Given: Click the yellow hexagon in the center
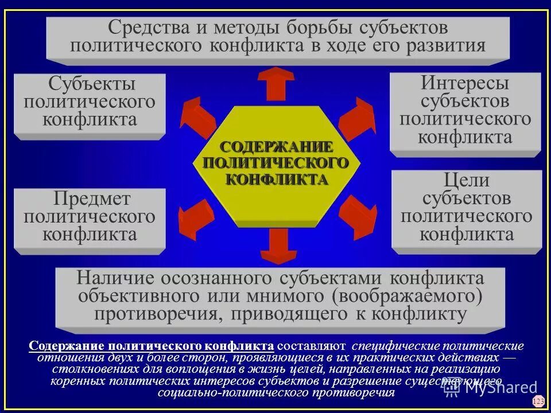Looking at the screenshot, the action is [277, 166].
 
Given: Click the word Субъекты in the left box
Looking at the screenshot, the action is [92, 84].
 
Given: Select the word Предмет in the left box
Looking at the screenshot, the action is [92, 199].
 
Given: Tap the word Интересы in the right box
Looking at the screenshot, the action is [465, 83].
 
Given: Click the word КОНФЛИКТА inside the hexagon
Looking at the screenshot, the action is [277, 180].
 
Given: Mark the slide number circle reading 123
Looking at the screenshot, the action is [538, 401].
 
